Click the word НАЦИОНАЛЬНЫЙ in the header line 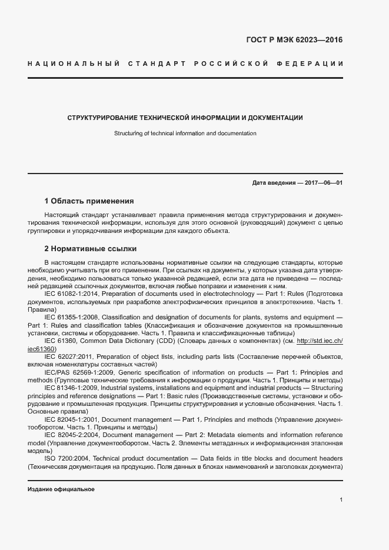tap(74, 63)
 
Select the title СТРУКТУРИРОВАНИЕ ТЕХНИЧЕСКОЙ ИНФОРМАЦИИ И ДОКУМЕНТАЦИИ tap(185, 118)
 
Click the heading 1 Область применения tap(89, 201)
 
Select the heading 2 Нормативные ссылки tap(90, 249)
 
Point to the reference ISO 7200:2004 tap(68, 458)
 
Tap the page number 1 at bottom tap(341, 500)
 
